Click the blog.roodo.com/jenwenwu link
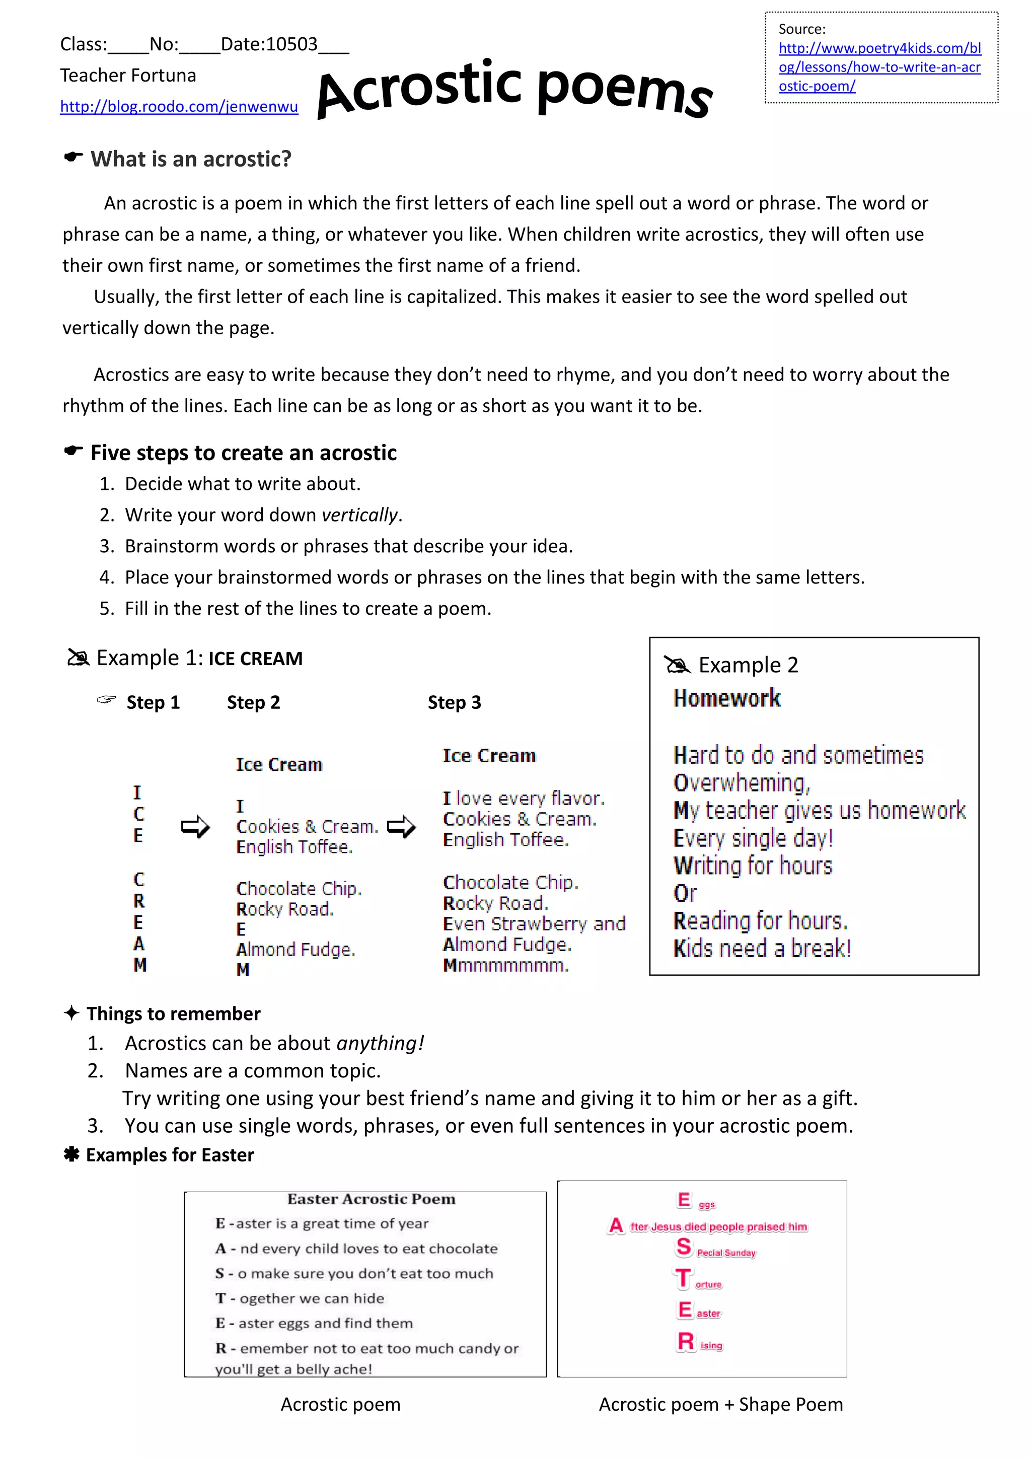(179, 107)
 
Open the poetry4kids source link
(879, 66)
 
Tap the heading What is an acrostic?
(190, 159)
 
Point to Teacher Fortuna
(128, 76)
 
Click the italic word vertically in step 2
(360, 515)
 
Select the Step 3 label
(454, 702)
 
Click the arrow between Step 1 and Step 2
(195, 826)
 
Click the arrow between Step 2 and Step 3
(401, 826)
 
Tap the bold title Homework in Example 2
(727, 698)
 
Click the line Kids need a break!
(762, 949)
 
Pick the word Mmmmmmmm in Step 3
(505, 966)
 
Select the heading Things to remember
(173, 1013)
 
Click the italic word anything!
(380, 1043)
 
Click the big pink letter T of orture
(683, 1278)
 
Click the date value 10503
(291, 44)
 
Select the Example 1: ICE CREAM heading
(199, 659)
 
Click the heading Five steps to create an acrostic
(243, 453)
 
